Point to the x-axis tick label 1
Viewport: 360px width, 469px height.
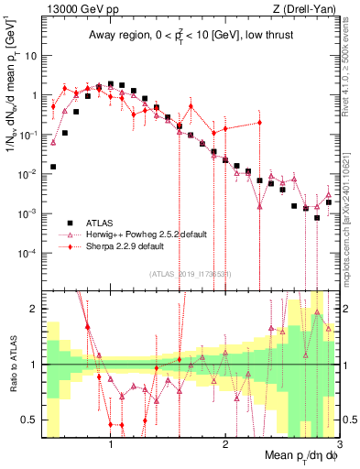point(111,444)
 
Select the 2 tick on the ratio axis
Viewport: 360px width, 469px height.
point(34,309)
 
